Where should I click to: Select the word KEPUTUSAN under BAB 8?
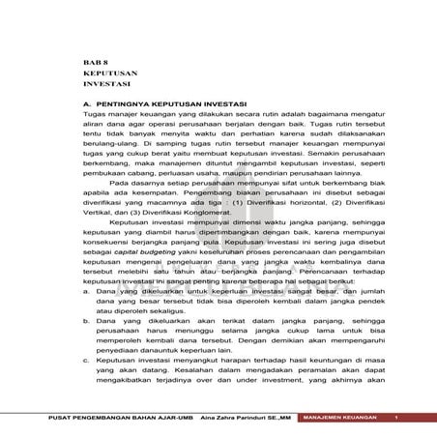108,73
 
